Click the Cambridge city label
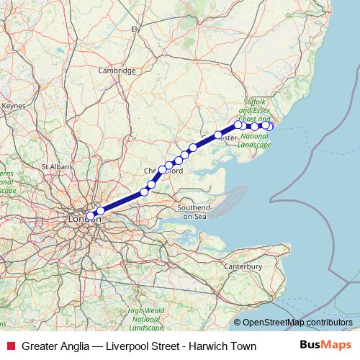tap(117, 71)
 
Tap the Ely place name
tap(135, 29)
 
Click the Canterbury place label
tap(243, 267)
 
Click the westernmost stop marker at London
tap(90, 215)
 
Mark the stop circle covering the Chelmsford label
tap(162, 170)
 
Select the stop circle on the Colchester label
tap(217, 135)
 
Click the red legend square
tap(10, 346)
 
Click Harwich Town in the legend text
tap(222, 346)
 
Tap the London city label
tap(78, 217)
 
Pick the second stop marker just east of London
tap(100, 210)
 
